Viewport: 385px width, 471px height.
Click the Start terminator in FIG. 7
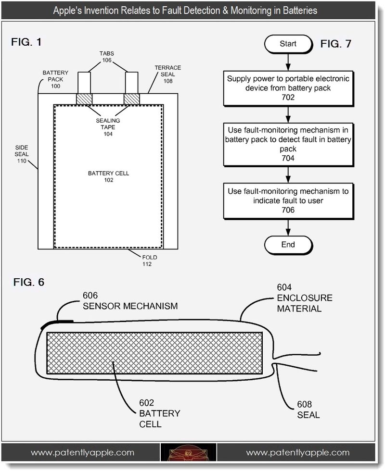pyautogui.click(x=288, y=44)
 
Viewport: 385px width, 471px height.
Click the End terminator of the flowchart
pyautogui.click(x=288, y=245)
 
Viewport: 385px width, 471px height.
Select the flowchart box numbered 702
pyautogui.click(x=288, y=88)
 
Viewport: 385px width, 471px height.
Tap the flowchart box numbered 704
pyautogui.click(x=288, y=145)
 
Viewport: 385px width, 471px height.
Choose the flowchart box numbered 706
pyautogui.click(x=288, y=201)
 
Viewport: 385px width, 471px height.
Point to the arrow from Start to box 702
pyautogui.click(x=288, y=62)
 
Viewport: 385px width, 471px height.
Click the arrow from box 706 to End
pyautogui.click(x=288, y=227)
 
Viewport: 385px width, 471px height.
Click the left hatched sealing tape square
pyautogui.click(x=84, y=99)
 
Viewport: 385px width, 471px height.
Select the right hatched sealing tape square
pyautogui.click(x=132, y=99)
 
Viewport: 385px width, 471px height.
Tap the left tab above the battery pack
pyautogui.click(x=84, y=83)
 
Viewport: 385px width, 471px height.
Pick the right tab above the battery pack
pyautogui.click(x=131, y=83)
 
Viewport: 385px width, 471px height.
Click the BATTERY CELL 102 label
pyautogui.click(x=109, y=177)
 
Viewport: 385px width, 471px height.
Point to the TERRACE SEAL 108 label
pyautogui.click(x=168, y=74)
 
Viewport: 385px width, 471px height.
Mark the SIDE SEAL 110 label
pyautogui.click(x=22, y=154)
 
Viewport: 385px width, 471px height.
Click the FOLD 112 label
pyautogui.click(x=150, y=260)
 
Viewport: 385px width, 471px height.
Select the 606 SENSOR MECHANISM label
pyautogui.click(x=130, y=301)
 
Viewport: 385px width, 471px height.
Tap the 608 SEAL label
pyautogui.click(x=308, y=409)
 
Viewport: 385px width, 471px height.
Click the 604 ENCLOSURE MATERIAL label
pyautogui.click(x=305, y=298)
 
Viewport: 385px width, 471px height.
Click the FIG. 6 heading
pyautogui.click(x=29, y=282)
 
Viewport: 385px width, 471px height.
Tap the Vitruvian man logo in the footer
pyautogui.click(x=188, y=453)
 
